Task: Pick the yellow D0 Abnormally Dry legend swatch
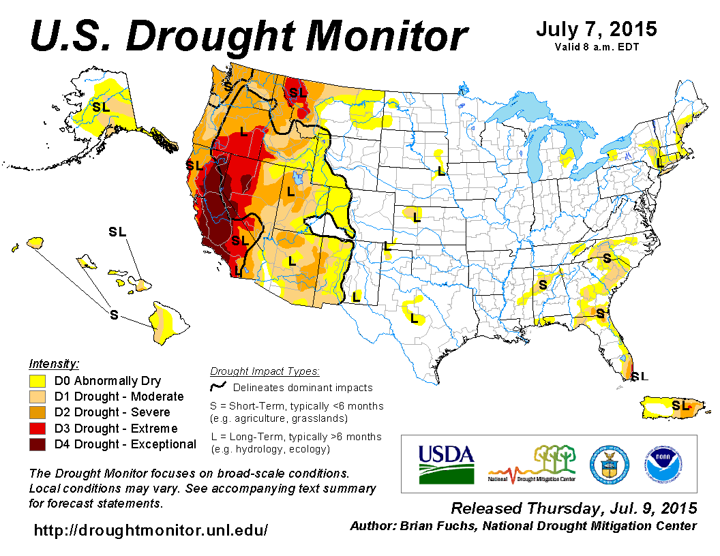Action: point(37,381)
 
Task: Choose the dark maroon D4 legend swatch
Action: point(37,444)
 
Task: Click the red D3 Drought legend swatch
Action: point(37,429)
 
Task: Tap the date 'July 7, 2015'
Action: point(596,29)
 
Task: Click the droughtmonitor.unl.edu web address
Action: point(151,529)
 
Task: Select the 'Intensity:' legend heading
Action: point(54,363)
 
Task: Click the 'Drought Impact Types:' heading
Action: point(265,371)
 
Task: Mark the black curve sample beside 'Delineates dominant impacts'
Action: point(218,387)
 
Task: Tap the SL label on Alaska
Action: point(101,107)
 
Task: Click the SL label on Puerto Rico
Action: point(680,405)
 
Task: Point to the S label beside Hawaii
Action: point(114,314)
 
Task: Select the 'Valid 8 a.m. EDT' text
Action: point(596,47)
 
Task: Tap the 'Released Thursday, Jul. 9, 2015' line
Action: point(574,508)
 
